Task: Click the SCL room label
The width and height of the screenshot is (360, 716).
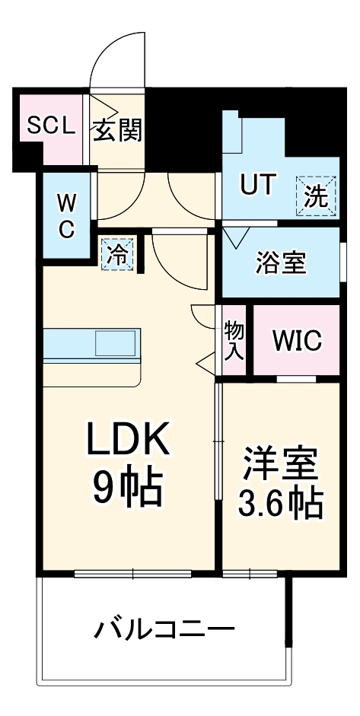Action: (51, 126)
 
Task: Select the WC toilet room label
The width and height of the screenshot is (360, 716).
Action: (67, 216)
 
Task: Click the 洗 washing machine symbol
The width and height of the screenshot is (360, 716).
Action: (316, 197)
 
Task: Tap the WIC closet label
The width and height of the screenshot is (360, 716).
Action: (296, 340)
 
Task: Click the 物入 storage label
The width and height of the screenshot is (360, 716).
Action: (234, 340)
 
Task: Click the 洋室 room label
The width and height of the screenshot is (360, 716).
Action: (279, 465)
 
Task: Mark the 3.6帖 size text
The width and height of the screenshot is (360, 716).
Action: (279, 501)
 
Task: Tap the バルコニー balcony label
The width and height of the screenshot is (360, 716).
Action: (164, 631)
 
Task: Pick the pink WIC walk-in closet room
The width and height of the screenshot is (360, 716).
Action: (296, 358)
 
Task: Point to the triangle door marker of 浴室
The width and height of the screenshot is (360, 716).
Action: (233, 237)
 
